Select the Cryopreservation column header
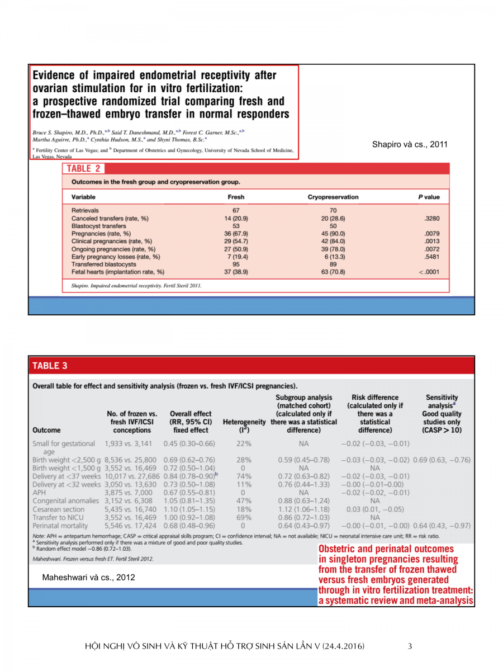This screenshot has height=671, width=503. click(333, 197)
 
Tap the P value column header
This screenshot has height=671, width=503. click(429, 197)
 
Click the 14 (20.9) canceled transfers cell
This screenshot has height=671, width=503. click(236, 218)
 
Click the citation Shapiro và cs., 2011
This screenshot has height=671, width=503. click(410, 145)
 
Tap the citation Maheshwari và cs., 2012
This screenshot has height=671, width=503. click(88, 578)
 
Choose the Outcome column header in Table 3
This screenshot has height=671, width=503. click(47, 431)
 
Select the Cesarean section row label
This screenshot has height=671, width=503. click(59, 509)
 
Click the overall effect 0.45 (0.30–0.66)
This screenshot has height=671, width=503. click(189, 444)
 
